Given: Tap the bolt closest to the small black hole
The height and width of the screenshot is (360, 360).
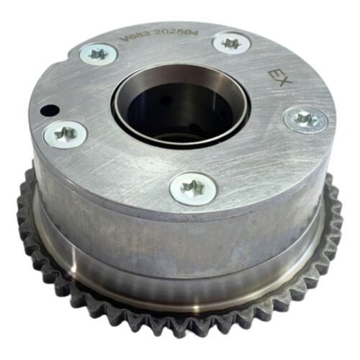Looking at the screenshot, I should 65,132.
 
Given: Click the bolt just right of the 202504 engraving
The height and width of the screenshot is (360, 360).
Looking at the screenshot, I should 231,43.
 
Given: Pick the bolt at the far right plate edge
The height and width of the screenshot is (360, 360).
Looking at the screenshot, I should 305,119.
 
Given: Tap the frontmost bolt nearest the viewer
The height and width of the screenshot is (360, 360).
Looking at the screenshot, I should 193,188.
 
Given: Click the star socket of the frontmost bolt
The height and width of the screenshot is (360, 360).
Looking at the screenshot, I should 193,188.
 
